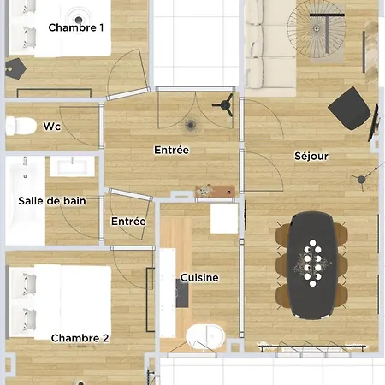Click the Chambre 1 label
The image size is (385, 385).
(76, 27)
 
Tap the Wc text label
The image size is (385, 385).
(51, 127)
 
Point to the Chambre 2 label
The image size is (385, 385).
(80, 338)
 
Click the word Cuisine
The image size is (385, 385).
(198, 278)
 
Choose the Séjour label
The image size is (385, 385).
(312, 157)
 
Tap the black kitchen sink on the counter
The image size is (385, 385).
(182, 294)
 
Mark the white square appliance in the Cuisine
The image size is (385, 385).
(224, 217)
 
